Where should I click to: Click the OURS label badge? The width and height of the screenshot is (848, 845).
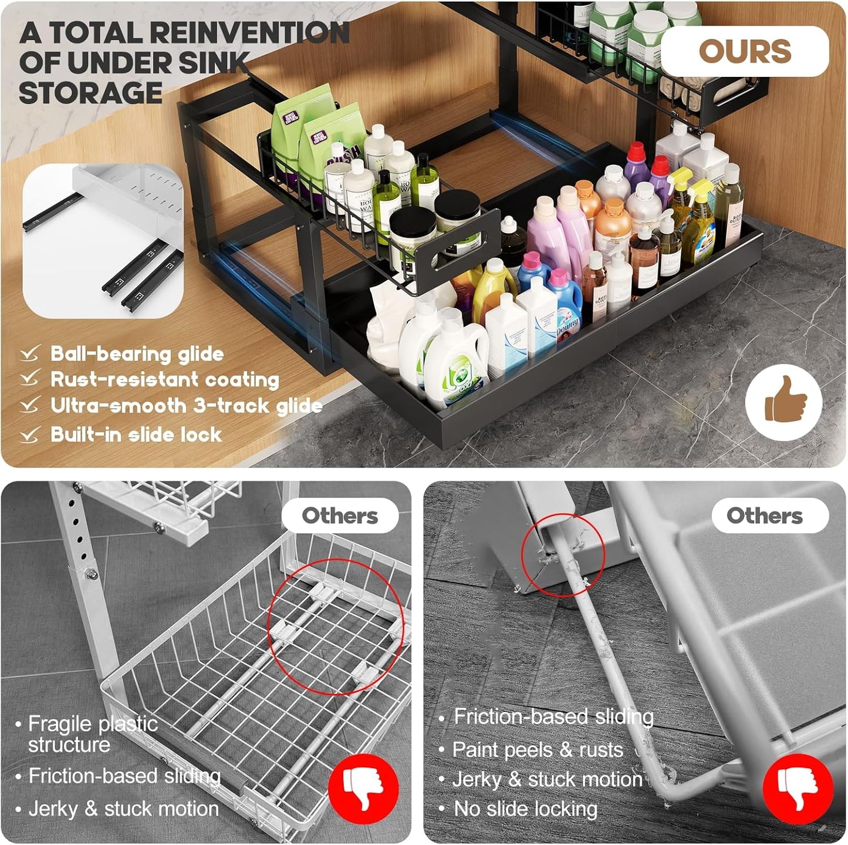[x=744, y=52]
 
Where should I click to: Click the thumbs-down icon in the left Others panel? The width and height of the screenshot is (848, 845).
[x=363, y=789]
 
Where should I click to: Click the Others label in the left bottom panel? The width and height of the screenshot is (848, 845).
[x=340, y=516]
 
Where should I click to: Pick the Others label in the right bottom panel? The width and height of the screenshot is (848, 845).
[x=764, y=516]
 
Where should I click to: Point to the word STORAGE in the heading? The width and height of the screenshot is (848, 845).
[x=90, y=93]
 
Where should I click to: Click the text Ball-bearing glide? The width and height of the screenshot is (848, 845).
[x=137, y=354]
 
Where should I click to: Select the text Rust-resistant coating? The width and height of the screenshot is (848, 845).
[x=164, y=380]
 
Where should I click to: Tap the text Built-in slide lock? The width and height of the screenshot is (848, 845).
[x=136, y=435]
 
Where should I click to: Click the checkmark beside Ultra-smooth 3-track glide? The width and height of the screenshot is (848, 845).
[x=29, y=406]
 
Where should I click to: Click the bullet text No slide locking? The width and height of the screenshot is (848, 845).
[x=525, y=809]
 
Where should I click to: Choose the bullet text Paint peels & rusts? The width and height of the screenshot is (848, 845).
[x=538, y=750]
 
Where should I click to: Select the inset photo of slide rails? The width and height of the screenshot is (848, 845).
[x=103, y=241]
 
